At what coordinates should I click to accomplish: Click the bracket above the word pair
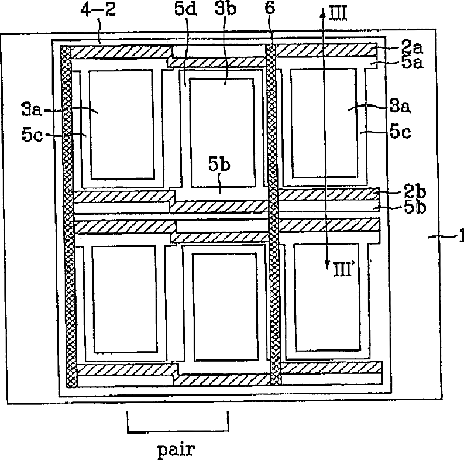coord(177,432)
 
